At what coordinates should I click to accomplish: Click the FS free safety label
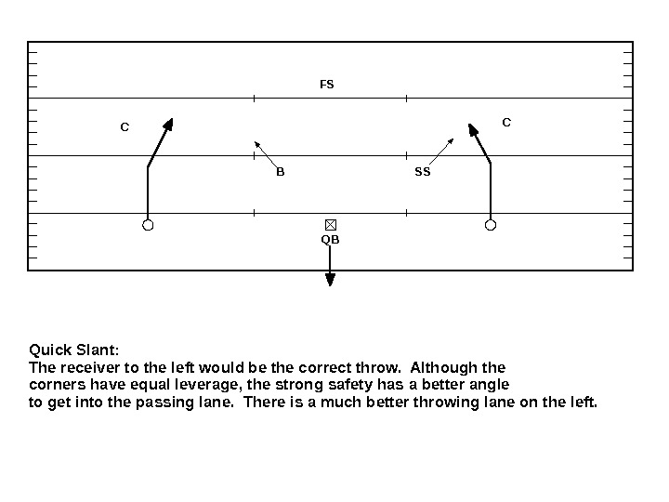pyautogui.click(x=326, y=85)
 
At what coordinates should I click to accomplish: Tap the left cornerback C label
pyautogui.click(x=125, y=126)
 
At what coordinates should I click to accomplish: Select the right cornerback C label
pyautogui.click(x=506, y=122)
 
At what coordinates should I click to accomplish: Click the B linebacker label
pyautogui.click(x=280, y=172)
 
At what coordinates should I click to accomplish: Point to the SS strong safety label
pyautogui.click(x=423, y=172)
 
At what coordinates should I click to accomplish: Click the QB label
pyautogui.click(x=330, y=240)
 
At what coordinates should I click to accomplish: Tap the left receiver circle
pyautogui.click(x=148, y=225)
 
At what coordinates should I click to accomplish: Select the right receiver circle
pyautogui.click(x=491, y=225)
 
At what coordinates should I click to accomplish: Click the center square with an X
pyautogui.click(x=330, y=225)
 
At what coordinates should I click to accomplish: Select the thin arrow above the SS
pyautogui.click(x=450, y=142)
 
